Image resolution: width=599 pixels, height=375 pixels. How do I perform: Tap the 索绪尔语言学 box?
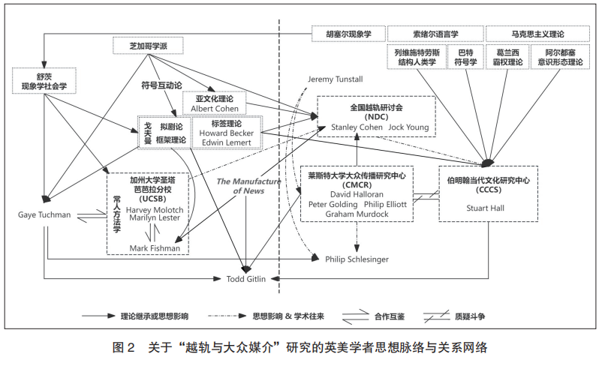point(435,34)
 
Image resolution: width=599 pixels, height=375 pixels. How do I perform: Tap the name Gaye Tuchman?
point(44,215)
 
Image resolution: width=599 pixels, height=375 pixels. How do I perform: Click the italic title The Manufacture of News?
point(248,186)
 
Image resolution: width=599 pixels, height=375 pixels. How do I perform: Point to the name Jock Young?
point(409,127)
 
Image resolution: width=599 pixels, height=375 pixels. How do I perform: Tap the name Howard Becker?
point(226,133)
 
